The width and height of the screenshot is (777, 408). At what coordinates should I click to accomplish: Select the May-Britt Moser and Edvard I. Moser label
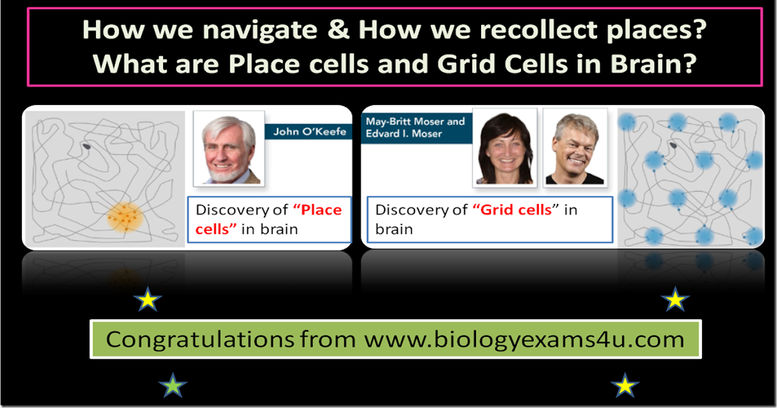point(414,128)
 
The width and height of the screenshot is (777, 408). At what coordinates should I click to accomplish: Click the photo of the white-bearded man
point(229,150)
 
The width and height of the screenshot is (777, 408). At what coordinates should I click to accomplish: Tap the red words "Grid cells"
point(517,210)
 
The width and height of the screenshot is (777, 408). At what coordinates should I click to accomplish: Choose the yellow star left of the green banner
point(148,300)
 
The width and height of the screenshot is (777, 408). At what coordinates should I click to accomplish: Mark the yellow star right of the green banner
point(675,300)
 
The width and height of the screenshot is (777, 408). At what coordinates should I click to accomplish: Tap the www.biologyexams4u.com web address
point(523,339)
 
